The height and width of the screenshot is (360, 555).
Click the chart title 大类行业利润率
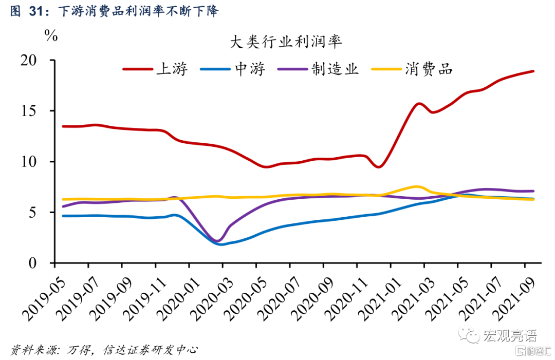tap(286, 42)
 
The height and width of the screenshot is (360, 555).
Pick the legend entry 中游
tap(250, 69)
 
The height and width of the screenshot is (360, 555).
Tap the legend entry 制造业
tap(334, 69)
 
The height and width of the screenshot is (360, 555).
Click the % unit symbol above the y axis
tap(51, 35)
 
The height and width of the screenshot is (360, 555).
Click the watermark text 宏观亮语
tap(509, 336)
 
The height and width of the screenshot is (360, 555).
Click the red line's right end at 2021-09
tap(533, 71)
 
